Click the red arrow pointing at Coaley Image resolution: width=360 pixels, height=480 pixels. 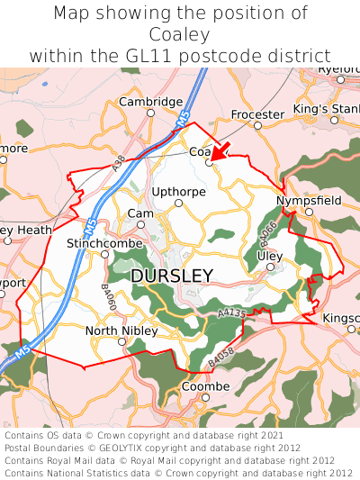pos(220,150)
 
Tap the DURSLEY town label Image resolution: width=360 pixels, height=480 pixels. pos(172,276)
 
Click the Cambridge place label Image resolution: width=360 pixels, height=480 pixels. pos(151,102)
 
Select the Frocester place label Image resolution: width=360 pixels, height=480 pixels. pos(257,114)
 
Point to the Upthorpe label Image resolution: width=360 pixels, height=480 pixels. pos(178,191)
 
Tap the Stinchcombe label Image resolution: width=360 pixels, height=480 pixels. pos(100,243)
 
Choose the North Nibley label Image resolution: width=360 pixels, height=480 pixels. pos(121,331)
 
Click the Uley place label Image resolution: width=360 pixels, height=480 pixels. pos(270,256)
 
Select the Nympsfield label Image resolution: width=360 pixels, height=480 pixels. pos(309,200)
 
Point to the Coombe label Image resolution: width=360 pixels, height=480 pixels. pos(206,386)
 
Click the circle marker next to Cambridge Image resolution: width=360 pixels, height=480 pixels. pos(151,113)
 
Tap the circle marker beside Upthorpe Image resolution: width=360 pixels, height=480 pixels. pos(178,203)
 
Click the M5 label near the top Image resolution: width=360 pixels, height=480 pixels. pos(183,119)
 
